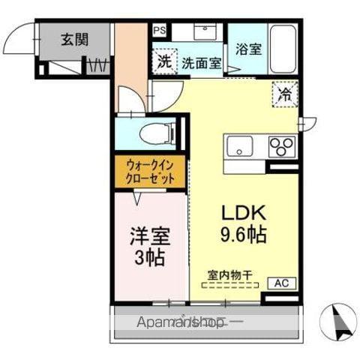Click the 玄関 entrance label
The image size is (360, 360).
coord(75,39)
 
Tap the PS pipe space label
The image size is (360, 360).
coord(159,30)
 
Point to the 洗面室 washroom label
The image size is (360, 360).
coord(201,64)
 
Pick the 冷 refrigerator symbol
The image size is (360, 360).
coord(285,93)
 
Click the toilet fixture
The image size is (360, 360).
coord(159,133)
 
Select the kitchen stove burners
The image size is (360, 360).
coord(283,145)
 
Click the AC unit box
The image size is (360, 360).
coord(280,283)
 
